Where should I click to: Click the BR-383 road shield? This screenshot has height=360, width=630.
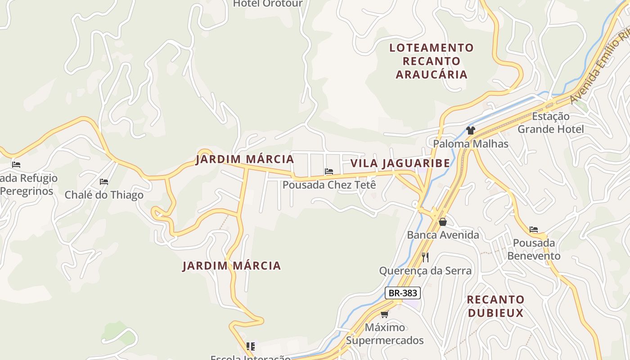click(403, 293)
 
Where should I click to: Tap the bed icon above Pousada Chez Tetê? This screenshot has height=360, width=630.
click(329, 171)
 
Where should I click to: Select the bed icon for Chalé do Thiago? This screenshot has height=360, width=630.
click(104, 182)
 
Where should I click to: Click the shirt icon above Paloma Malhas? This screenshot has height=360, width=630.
click(471, 130)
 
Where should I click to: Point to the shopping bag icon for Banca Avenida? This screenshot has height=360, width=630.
click(443, 222)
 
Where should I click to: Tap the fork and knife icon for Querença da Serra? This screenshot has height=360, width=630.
click(425, 257)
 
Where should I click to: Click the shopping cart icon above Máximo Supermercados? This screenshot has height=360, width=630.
click(384, 314)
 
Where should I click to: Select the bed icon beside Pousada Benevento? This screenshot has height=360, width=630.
click(534, 229)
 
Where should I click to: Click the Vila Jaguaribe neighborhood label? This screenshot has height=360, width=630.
click(400, 163)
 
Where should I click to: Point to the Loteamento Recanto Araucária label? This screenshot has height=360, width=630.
click(432, 61)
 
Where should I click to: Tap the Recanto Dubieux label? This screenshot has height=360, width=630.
click(495, 306)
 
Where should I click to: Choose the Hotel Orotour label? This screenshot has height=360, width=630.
click(268, 4)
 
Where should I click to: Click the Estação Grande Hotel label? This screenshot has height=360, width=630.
click(550, 123)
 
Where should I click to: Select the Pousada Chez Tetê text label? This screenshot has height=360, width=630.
click(329, 185)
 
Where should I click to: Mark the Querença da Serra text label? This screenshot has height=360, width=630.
click(425, 270)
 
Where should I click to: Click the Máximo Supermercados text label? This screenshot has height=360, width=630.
click(385, 333)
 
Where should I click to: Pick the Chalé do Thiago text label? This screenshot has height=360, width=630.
click(104, 195)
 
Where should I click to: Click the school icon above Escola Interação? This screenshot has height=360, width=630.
click(251, 346)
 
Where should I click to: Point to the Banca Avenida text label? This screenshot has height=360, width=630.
click(443, 235)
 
